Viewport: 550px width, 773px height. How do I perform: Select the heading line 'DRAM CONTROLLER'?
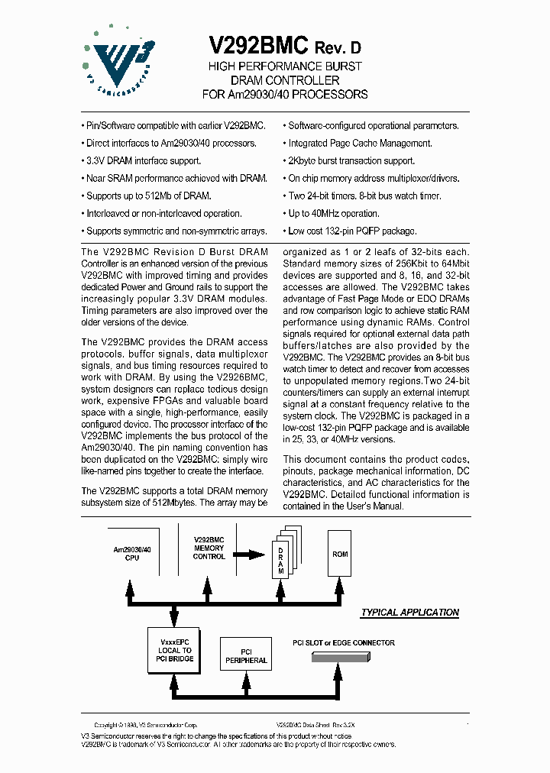click(285, 80)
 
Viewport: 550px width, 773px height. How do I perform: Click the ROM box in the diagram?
click(340, 554)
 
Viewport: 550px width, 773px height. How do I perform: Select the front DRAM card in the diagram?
click(280, 561)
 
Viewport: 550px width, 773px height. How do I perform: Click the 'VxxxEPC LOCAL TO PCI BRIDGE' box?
click(176, 651)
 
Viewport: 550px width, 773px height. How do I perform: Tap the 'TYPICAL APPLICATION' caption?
click(409, 613)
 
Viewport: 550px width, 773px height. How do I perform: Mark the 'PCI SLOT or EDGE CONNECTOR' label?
click(344, 642)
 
